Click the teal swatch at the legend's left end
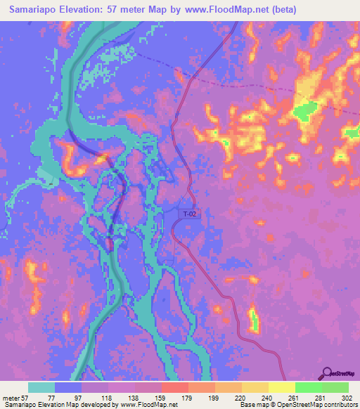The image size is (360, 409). (x=41, y=387)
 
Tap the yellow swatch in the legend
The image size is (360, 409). (x=281, y=387)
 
